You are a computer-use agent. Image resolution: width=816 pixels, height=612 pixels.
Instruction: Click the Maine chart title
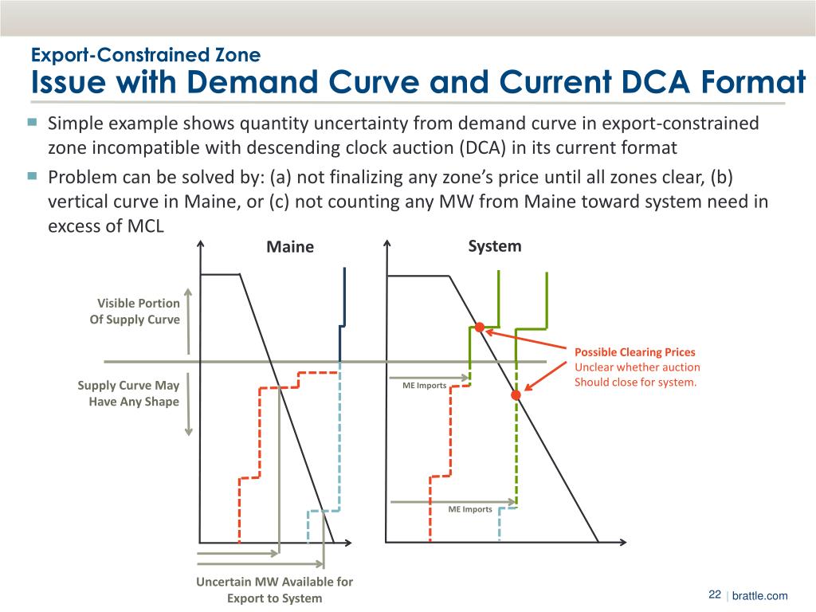coord(290,247)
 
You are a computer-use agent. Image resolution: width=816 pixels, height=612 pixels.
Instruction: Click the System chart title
coord(494,245)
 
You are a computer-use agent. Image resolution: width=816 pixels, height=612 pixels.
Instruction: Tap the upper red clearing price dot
coord(480,327)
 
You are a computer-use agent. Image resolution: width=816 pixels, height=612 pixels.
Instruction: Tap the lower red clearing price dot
coord(516,394)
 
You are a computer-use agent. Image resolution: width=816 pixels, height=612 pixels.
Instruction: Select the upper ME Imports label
coord(425,386)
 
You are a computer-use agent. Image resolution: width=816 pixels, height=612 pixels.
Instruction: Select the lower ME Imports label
coord(469,508)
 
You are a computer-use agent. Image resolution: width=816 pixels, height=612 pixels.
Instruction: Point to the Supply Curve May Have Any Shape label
coord(128,393)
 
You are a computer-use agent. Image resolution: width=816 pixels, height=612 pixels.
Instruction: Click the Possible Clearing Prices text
coord(634,351)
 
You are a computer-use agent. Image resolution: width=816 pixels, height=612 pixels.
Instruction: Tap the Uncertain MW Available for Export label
coord(274,590)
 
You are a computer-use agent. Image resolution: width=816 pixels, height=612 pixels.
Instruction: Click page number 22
coord(714,595)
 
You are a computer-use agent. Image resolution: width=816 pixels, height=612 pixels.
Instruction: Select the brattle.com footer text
coord(759,596)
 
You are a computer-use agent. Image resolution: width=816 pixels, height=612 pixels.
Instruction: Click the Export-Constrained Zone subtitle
coord(145,55)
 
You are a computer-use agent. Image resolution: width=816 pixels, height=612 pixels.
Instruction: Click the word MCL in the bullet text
coord(144,226)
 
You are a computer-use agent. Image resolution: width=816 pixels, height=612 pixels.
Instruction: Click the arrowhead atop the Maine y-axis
coord(200,245)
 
